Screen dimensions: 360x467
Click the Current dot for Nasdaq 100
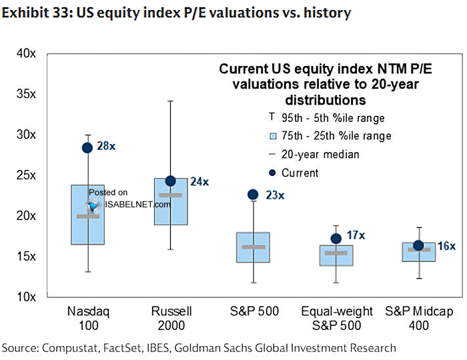(x=87, y=147)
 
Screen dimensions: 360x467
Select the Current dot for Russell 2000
(x=170, y=181)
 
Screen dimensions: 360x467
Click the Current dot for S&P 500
(x=253, y=194)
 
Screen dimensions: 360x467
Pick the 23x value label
(x=274, y=195)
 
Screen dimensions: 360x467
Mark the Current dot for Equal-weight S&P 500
(x=336, y=238)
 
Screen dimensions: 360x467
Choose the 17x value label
(x=356, y=235)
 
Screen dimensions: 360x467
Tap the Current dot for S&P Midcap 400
(x=418, y=245)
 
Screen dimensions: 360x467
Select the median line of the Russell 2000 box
(x=170, y=195)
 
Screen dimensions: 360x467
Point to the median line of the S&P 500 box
(x=253, y=247)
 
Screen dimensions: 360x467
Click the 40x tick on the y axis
(x=26, y=53)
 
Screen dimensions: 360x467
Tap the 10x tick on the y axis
(x=26, y=297)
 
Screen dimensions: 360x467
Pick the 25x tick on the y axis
(x=26, y=175)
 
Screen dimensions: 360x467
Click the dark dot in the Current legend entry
(x=272, y=173)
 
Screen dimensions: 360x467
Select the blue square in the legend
(x=272, y=136)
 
